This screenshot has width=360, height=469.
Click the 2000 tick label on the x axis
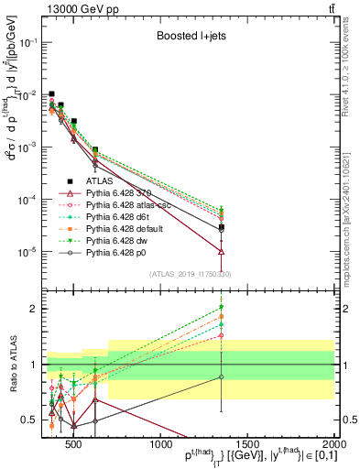pyautogui.click(x=334, y=443)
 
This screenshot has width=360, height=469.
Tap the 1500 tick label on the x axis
pyautogui.click(x=247, y=443)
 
